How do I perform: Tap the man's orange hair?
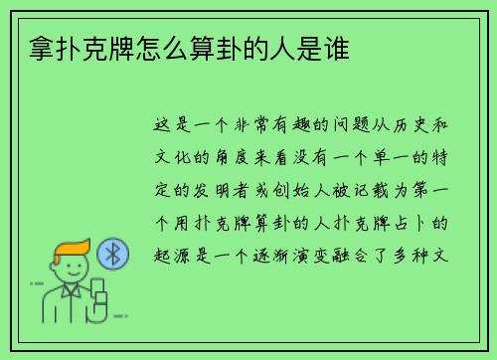pyautogui.click(x=71, y=250)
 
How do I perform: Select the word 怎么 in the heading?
pyautogui.click(x=159, y=47)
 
